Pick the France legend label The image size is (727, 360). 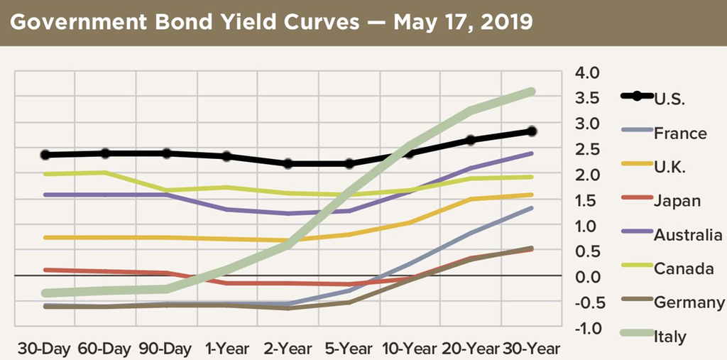point(679,133)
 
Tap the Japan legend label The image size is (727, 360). point(677,201)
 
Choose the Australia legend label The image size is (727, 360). point(689,235)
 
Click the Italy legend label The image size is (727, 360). point(670,337)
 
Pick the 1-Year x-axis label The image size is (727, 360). point(227,349)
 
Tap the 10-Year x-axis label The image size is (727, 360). point(409,349)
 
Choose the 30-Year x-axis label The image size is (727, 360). point(531,349)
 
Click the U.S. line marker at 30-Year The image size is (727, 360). point(531,131)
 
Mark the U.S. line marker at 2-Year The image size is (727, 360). point(288,164)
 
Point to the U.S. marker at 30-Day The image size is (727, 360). point(45,155)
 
